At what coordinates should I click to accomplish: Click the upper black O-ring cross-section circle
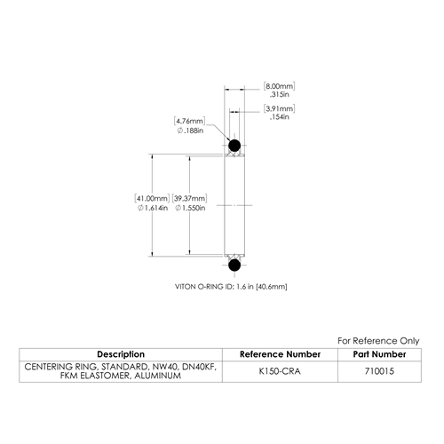(234, 146)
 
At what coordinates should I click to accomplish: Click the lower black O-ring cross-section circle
(234, 265)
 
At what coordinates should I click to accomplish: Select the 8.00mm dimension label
(280, 86)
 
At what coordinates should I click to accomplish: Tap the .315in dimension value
(280, 94)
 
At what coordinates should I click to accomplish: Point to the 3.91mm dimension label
(280, 108)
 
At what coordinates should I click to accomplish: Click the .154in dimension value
(280, 117)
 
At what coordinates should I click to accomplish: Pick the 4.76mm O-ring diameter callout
(190, 121)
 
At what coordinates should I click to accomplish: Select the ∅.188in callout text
(190, 131)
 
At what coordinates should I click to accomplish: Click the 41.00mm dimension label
(152, 198)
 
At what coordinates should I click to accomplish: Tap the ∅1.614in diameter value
(153, 208)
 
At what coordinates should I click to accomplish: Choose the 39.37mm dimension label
(189, 198)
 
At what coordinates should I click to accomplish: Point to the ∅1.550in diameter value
(190, 208)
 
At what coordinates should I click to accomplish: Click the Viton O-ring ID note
(231, 287)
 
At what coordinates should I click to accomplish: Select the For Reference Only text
(378, 341)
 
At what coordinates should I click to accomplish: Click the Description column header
(121, 354)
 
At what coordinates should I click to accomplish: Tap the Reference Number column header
(280, 354)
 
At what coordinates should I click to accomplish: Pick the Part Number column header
(379, 354)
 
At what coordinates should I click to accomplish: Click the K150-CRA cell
(280, 371)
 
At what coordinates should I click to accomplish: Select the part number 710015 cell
(379, 371)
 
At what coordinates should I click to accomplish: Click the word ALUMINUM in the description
(158, 376)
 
